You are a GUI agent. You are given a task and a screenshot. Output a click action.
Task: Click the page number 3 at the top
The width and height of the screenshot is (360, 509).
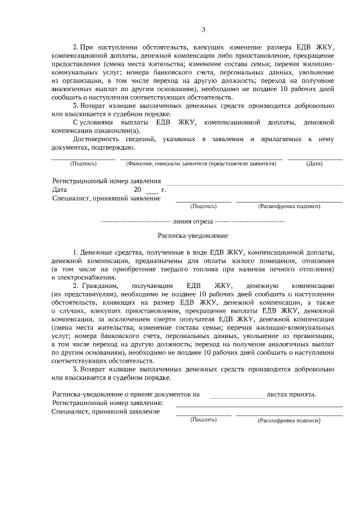click(x=204, y=30)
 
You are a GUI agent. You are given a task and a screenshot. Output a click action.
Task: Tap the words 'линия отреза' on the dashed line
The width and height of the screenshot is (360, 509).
click(x=193, y=222)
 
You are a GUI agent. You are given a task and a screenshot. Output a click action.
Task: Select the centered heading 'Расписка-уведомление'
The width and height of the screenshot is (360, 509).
click(x=192, y=236)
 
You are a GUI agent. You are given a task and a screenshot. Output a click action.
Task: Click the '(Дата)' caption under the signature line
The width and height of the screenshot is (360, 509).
click(x=314, y=164)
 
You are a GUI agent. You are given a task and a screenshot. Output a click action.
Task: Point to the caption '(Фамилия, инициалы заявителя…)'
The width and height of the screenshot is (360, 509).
click(x=201, y=164)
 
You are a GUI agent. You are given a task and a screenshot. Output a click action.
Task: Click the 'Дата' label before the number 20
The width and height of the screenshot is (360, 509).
click(x=60, y=190)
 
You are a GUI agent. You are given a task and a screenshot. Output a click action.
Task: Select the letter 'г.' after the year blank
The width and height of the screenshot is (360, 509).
click(x=163, y=190)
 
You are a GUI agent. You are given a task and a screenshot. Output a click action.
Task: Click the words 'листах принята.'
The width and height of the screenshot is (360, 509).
click(x=291, y=394)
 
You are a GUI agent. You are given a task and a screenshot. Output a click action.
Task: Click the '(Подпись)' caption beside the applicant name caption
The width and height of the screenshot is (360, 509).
click(x=83, y=164)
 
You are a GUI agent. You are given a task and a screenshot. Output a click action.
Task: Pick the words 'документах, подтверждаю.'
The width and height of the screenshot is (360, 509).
click(x=93, y=147)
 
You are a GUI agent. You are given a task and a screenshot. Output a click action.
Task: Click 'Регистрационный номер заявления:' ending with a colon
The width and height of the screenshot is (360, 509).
click(x=107, y=403)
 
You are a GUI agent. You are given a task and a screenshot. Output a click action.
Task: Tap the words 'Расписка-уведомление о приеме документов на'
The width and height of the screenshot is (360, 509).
click(x=125, y=394)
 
